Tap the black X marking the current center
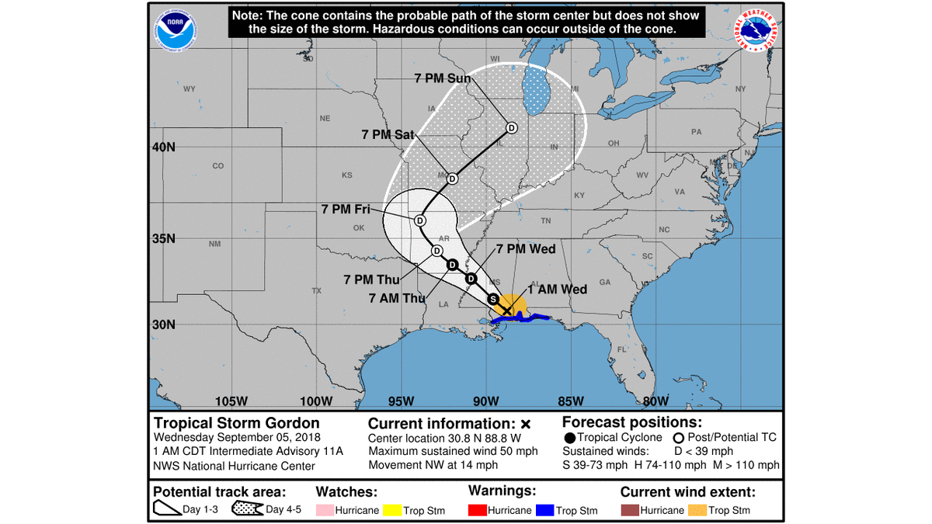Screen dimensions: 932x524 [507, 311]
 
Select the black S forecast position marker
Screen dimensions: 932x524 [492, 299]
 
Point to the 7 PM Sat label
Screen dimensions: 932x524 [388, 134]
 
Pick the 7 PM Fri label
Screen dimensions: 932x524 [347, 209]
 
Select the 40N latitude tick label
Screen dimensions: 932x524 [163, 147]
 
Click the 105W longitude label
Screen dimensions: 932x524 [231, 401]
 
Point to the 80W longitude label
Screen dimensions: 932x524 [656, 401]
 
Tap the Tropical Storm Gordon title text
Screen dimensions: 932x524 [236, 423]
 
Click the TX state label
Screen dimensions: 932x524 [317, 291]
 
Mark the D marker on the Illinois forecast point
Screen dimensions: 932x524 [511, 127]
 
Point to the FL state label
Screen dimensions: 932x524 [621, 350]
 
